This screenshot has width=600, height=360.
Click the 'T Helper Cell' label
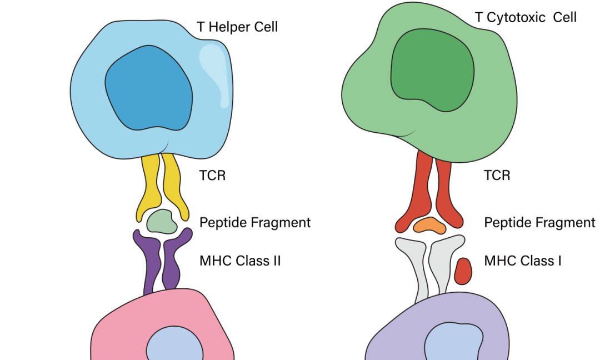click(237, 27)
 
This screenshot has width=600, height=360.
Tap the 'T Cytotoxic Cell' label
click(526, 17)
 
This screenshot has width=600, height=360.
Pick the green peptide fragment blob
click(162, 222)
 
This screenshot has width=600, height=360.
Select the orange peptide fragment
click(430, 225)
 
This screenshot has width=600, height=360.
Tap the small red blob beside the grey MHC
click(463, 271)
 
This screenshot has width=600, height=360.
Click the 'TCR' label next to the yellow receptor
click(212, 176)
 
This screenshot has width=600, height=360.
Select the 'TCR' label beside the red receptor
click(497, 176)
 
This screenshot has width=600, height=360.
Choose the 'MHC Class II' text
click(240, 260)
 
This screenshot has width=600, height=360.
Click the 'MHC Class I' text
click(522, 260)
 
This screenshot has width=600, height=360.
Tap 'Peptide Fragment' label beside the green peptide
click(255, 223)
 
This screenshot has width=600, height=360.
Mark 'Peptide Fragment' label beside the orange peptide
click(539, 223)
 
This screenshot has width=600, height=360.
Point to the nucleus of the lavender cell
click(452, 344)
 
